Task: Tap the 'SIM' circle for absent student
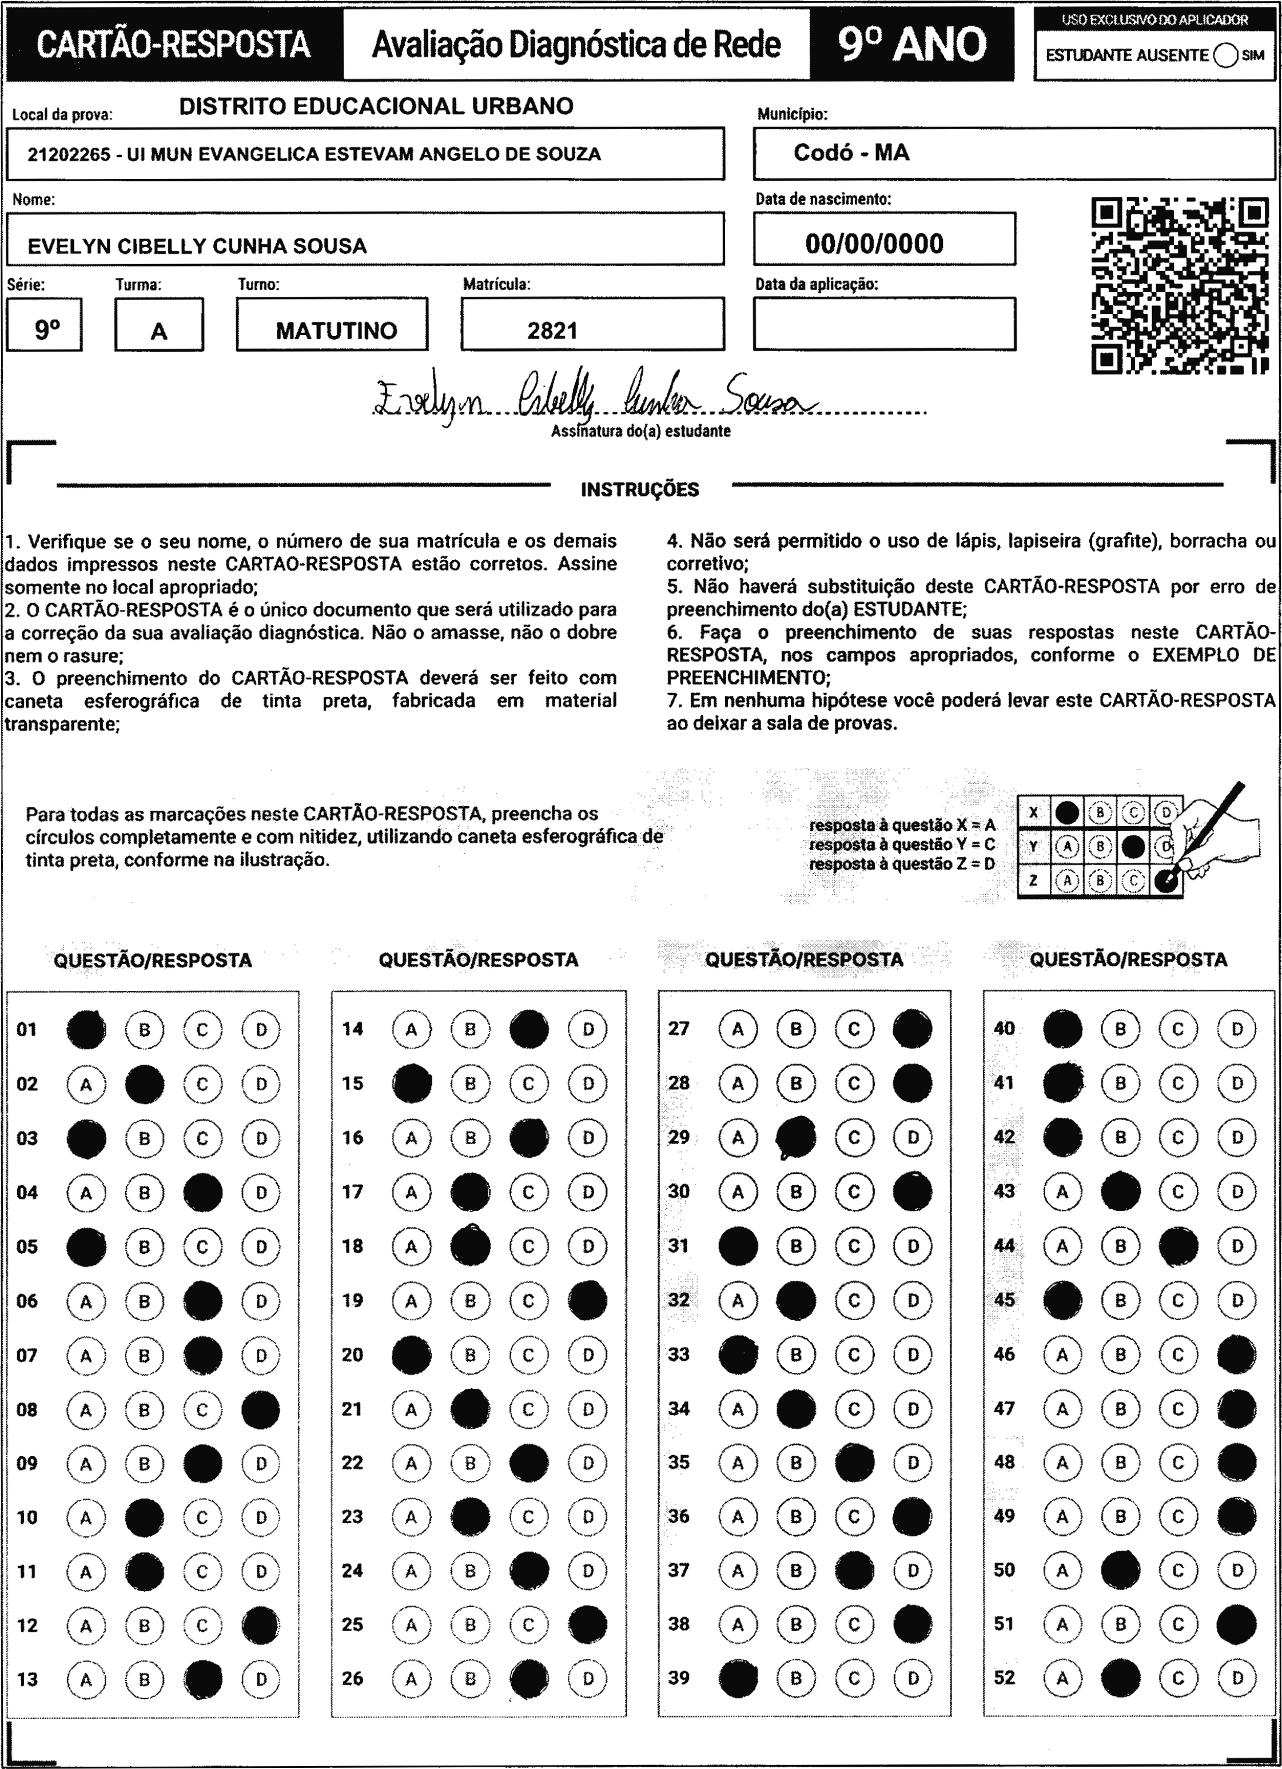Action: click(x=1226, y=56)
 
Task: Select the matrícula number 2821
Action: click(x=552, y=330)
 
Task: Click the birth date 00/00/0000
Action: click(x=875, y=244)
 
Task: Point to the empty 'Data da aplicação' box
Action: click(x=884, y=324)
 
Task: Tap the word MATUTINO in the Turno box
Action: click(x=336, y=330)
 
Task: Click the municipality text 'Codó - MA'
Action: click(x=851, y=153)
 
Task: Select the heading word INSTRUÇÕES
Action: click(x=640, y=490)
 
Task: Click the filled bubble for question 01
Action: click(x=86, y=1030)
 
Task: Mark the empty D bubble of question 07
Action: click(x=261, y=1356)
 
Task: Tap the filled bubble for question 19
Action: click(x=588, y=1300)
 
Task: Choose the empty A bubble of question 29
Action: click(x=738, y=1138)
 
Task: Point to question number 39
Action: click(x=679, y=1678)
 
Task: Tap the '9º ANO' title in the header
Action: click(x=912, y=45)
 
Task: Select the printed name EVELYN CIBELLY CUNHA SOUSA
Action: click(x=197, y=246)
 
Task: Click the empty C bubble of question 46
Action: click(x=1179, y=1355)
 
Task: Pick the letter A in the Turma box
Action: click(x=158, y=332)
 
